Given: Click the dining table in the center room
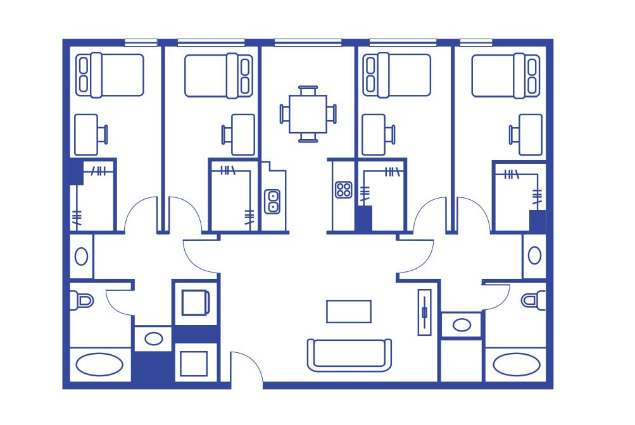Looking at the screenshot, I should point(308,114).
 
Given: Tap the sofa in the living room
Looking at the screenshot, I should point(349,355).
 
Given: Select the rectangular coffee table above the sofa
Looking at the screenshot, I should point(349,311).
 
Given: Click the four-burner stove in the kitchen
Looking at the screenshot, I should point(343,190).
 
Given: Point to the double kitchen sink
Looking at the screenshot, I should point(273,201).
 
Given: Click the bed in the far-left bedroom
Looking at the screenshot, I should point(110,75).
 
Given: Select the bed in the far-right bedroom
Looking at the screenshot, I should point(506,75).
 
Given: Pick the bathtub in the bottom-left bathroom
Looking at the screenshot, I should point(100,365).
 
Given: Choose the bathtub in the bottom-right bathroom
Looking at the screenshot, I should point(516,365).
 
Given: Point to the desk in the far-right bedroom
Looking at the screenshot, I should point(530,134).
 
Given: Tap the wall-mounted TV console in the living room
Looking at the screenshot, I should point(424,312).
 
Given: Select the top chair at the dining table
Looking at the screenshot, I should point(308,90).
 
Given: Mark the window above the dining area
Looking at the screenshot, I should point(308,43).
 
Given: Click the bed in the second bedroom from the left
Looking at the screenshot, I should point(219,75).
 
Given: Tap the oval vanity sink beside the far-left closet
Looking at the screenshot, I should point(82,256).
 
